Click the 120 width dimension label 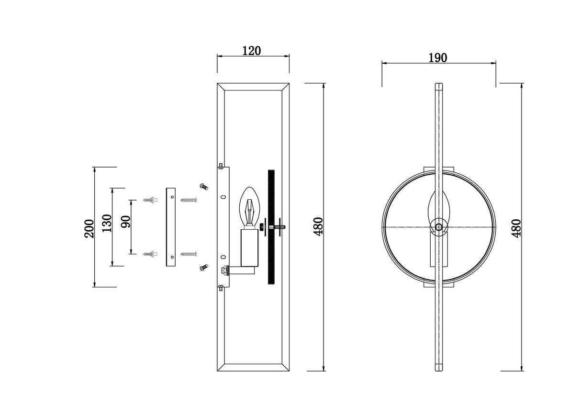point(251,51)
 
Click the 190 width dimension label point(437,58)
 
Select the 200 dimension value point(89,228)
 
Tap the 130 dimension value point(107,223)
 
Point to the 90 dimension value point(126,222)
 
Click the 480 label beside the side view point(318,227)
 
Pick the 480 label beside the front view point(516,228)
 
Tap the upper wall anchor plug point(151,200)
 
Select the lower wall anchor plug point(151,254)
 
